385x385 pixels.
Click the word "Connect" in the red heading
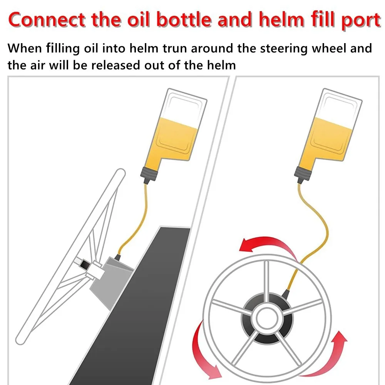tap(47, 19)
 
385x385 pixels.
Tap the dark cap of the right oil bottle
tap(303, 175)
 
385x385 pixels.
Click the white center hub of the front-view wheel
tap(267, 319)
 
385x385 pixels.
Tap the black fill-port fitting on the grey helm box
tap(118, 258)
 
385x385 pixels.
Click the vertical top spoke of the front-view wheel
tap(267, 282)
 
